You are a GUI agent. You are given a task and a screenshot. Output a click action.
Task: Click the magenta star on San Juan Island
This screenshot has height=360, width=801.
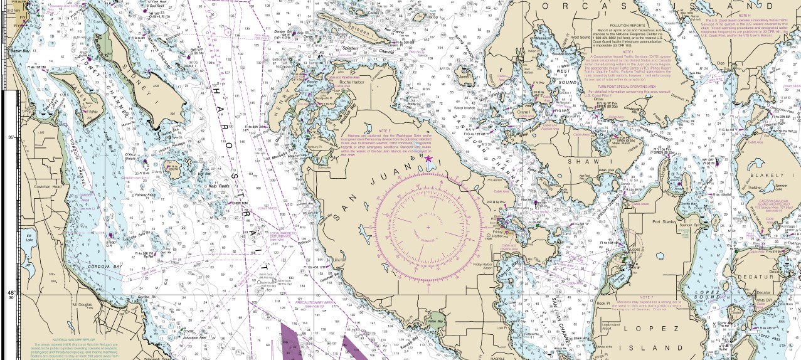(428, 159)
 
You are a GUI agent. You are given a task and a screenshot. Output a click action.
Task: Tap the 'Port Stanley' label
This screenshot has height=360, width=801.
(664, 221)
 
